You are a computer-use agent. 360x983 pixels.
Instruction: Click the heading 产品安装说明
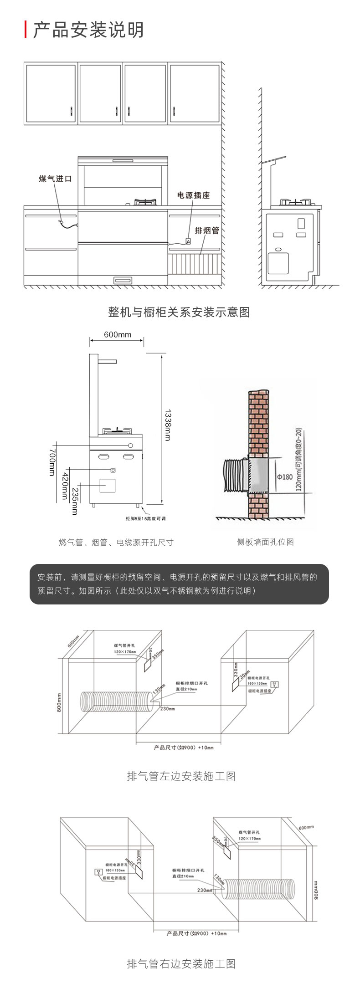coord(88,30)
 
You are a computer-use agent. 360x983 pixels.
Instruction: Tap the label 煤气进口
coord(55,179)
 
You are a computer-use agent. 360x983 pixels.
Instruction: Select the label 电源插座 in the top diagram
coord(193,195)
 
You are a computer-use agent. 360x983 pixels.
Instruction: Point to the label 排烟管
coord(207,230)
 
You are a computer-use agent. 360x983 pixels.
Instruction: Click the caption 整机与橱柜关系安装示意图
coord(179,312)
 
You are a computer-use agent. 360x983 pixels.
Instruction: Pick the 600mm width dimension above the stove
coord(117,335)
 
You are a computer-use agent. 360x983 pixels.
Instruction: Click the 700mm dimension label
coord(52,461)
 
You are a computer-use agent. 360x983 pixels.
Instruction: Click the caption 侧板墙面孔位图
coord(265,542)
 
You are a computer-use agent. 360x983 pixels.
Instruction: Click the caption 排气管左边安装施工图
coord(181,776)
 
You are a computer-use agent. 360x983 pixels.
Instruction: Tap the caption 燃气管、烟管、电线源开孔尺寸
coord(116,542)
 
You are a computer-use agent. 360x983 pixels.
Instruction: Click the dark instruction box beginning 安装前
coord(179,584)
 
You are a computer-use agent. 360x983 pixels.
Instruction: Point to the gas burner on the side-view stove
coord(297,202)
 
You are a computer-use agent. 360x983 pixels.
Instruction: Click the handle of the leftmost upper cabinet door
coord(72,110)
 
